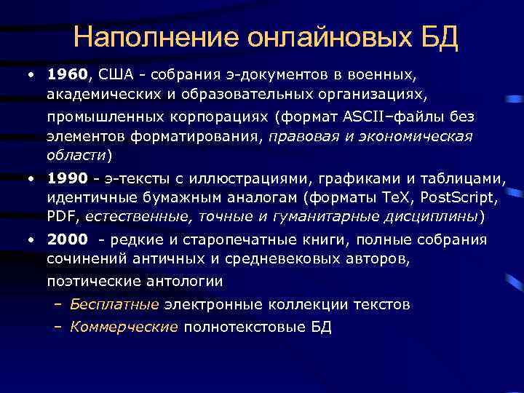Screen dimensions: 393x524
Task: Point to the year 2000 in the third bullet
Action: [67, 239]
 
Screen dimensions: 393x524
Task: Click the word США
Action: [115, 74]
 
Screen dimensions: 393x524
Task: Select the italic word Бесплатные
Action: [114, 305]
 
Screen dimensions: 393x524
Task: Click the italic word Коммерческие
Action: [124, 327]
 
